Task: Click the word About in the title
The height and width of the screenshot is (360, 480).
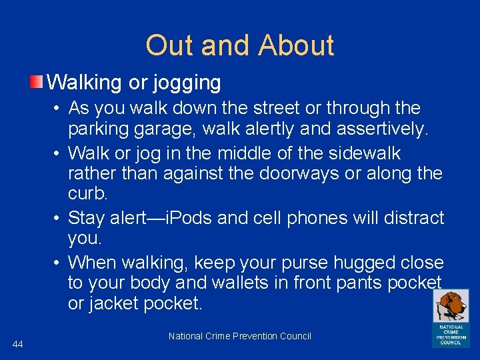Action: tap(296, 45)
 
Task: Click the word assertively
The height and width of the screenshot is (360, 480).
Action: tap(377, 128)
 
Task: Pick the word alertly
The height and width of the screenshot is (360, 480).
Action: tap(275, 128)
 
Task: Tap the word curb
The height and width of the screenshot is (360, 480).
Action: tap(88, 193)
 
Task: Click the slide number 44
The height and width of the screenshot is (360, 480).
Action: tap(18, 343)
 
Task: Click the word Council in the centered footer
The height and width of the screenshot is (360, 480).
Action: tap(294, 336)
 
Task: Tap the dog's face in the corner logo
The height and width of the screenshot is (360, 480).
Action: tap(452, 306)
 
